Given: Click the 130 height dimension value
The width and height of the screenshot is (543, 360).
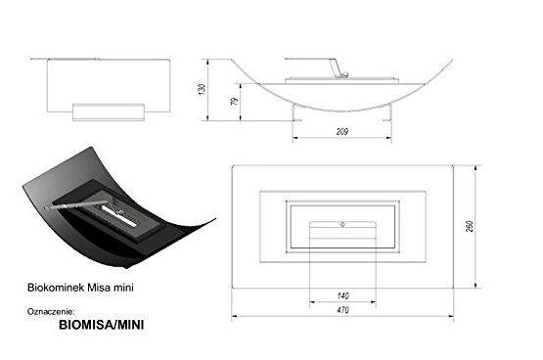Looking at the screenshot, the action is pos(203,89).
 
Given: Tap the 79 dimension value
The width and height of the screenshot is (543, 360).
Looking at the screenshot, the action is pos(235,101).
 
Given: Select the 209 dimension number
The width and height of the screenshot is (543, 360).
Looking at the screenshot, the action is pos(341,131).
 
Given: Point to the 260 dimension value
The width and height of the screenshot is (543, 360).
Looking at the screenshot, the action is pos(470,226).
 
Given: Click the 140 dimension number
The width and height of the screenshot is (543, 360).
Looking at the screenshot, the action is pos(342,296).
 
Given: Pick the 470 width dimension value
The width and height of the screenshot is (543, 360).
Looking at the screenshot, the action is pos(342,310).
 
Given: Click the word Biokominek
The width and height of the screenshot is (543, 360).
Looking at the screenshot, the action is pos(56,288).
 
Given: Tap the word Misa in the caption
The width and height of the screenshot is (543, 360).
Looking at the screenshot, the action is pos(100,288).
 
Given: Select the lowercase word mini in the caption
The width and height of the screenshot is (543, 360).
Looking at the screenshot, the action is pos(124,288).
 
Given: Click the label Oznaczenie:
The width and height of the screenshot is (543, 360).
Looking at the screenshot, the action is pos(51,311).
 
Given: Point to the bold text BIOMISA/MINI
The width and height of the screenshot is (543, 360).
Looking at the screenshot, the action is pos(102,325).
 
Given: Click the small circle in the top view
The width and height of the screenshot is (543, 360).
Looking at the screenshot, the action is pos(342,225).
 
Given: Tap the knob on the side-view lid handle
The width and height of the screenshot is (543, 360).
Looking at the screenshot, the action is pos(344,74).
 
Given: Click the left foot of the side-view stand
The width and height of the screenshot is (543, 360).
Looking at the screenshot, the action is pos(296,120).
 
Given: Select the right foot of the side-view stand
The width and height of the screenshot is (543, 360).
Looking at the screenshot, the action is pos(387,120).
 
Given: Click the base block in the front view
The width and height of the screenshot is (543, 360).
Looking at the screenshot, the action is pos(109,112).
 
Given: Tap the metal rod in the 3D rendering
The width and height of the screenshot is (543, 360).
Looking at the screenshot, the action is pos(75,204).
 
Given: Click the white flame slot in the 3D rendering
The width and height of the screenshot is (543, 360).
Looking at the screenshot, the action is pos(118,216).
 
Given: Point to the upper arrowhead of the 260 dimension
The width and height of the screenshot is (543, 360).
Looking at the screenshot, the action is pos(475,168).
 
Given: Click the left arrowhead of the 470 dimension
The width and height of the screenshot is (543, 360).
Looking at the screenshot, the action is pos(235,316).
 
